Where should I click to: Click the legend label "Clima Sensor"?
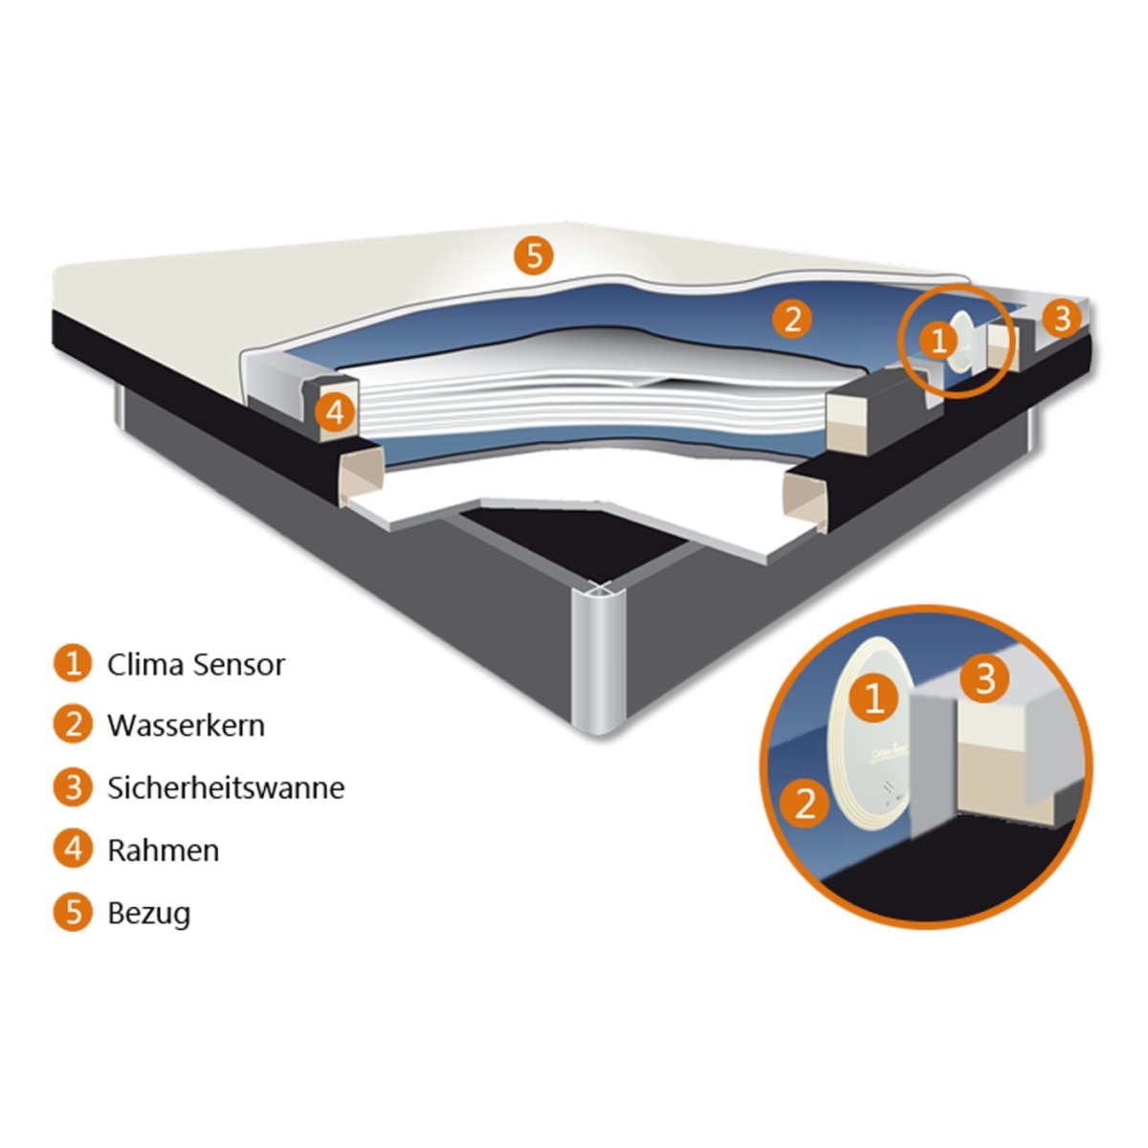coord(195,664)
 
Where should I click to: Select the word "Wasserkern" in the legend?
coord(186,725)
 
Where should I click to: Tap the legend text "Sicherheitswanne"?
coord(226,787)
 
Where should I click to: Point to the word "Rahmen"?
coord(163,850)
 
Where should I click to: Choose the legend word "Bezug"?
coord(148,912)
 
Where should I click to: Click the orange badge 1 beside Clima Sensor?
coord(73,663)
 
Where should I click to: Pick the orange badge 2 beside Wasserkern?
coord(73,725)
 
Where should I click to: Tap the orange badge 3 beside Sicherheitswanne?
coord(73,787)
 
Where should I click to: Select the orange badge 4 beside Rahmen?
coord(73,850)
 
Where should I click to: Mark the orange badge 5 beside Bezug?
coord(73,912)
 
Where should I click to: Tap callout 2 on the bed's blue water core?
coord(792,319)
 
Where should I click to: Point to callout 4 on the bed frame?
coord(334,412)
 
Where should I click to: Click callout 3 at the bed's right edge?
coord(1062,318)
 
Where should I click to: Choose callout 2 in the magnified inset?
coord(806,804)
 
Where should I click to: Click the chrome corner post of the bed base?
coord(597,660)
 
